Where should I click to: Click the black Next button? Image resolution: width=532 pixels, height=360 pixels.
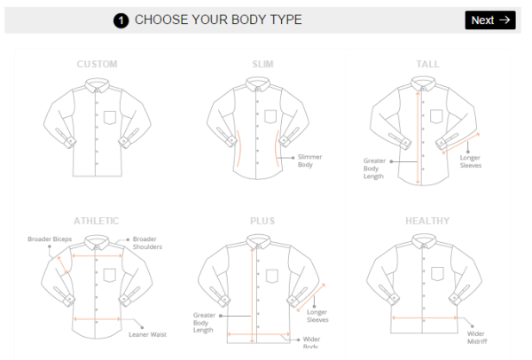[x=489, y=20]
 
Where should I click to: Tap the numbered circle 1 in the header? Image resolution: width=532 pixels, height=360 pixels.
[x=121, y=20]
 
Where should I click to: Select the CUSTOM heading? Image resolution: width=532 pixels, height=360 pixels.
[x=97, y=65]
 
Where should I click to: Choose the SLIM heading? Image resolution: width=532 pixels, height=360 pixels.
[x=263, y=65]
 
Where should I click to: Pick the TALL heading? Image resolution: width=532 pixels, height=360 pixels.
[x=427, y=65]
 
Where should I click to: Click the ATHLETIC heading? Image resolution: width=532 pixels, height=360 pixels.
[x=97, y=221]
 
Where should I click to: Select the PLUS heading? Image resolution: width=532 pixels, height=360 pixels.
[x=263, y=221]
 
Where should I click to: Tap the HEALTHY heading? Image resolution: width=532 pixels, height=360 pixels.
[x=427, y=221]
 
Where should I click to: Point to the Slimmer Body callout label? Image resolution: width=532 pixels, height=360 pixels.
[x=309, y=160]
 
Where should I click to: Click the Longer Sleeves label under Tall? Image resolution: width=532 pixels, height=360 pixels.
[x=470, y=160]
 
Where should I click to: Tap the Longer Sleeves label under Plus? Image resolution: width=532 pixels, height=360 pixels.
[x=317, y=316]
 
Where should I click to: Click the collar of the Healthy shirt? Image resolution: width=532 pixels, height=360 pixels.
[x=427, y=242]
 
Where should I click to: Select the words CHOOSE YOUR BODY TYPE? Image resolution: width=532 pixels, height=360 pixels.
[x=218, y=20]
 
